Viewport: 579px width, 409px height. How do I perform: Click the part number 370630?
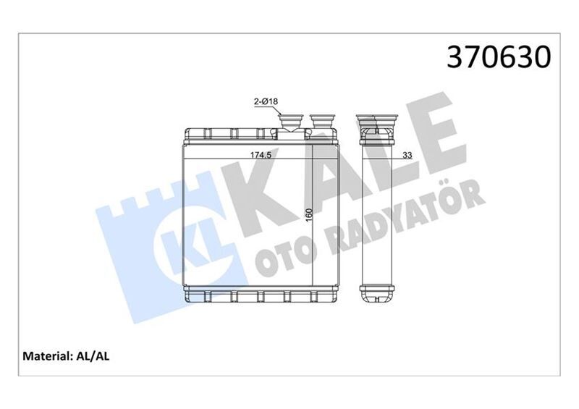coord(499,56)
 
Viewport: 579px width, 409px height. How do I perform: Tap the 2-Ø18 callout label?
coord(266,103)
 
